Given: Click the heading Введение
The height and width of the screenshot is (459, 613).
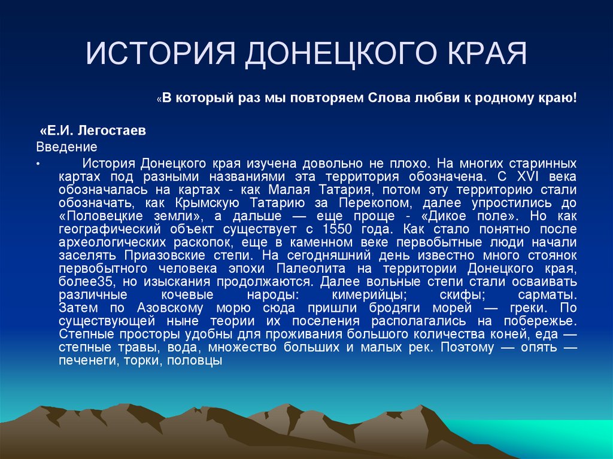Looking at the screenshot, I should pos(66,146).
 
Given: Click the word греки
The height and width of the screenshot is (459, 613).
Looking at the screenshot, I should pos(525,308).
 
